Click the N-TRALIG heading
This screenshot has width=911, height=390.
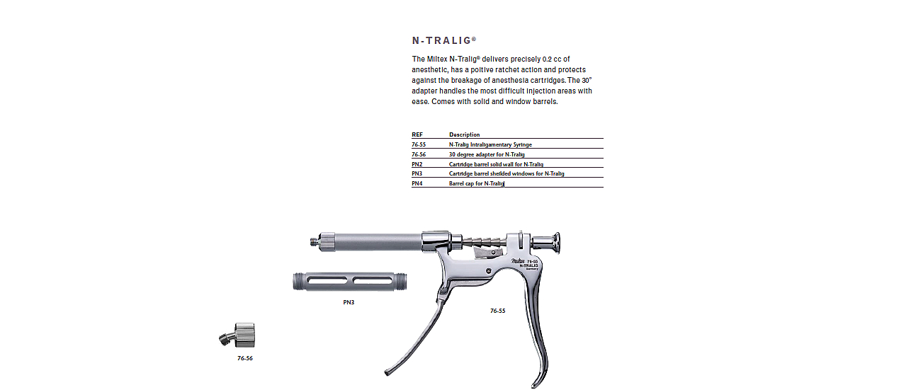(443, 40)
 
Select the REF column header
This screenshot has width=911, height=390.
(417, 134)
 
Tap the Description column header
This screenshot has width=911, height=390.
(464, 134)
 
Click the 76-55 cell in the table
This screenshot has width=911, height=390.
(419, 144)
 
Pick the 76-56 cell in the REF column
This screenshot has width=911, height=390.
(419, 154)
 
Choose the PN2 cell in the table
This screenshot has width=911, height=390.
(417, 164)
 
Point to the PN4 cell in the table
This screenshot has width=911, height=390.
(417, 183)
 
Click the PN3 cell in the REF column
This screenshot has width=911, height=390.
(417, 173)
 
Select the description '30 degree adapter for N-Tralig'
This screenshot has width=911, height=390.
(487, 154)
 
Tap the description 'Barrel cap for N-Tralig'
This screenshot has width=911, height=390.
(477, 183)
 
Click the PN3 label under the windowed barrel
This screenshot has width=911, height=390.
(349, 302)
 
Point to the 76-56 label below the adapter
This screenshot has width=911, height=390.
(245, 358)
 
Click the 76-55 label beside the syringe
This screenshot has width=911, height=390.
(498, 311)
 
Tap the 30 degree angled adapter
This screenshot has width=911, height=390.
(238, 335)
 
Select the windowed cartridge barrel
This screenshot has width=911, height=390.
(350, 281)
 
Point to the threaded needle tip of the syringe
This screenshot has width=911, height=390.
(314, 242)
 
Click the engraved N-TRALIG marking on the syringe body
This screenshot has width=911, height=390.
(528, 265)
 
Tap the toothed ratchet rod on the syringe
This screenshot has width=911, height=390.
(484, 243)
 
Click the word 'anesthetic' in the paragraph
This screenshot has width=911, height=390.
(429, 70)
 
